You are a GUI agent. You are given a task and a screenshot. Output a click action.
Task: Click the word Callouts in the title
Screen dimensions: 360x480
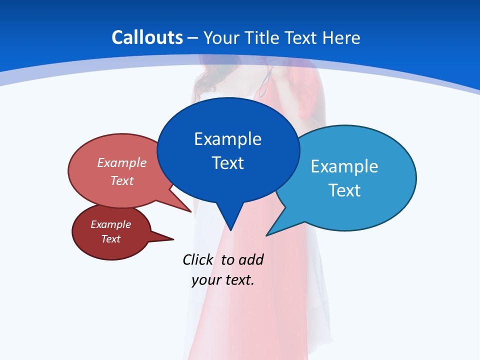pyautogui.click(x=147, y=37)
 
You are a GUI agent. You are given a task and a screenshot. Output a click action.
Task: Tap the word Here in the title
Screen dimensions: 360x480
pyautogui.click(x=341, y=37)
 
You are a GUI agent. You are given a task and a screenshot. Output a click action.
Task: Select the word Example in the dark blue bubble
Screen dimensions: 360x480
pyautogui.click(x=227, y=139)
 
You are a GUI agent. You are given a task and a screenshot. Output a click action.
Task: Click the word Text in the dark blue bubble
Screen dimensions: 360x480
pyautogui.click(x=227, y=163)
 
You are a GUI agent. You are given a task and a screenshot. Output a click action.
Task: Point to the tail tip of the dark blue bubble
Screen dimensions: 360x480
pyautogui.click(x=230, y=229)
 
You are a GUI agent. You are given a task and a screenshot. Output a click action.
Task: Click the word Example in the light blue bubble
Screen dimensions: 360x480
pyautogui.click(x=344, y=166)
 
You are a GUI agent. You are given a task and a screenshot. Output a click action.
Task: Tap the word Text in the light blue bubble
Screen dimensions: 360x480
pyautogui.click(x=344, y=190)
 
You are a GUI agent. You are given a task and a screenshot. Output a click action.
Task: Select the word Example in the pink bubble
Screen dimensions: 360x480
pyautogui.click(x=122, y=163)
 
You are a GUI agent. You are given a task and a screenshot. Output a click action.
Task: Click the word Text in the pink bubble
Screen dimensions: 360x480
pyautogui.click(x=122, y=181)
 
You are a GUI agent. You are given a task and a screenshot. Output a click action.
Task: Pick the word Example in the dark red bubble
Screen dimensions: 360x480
pyautogui.click(x=110, y=224)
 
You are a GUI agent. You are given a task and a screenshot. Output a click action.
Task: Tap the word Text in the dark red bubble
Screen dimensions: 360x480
pyautogui.click(x=110, y=239)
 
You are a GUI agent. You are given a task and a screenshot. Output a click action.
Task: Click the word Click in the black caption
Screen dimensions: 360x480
pyautogui.click(x=197, y=259)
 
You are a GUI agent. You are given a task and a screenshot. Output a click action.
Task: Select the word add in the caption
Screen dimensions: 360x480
pyautogui.click(x=251, y=259)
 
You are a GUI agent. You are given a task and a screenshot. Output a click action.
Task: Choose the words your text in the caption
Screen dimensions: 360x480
pyautogui.click(x=223, y=280)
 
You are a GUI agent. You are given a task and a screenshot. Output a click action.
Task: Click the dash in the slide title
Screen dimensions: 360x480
pyautogui.click(x=192, y=38)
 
